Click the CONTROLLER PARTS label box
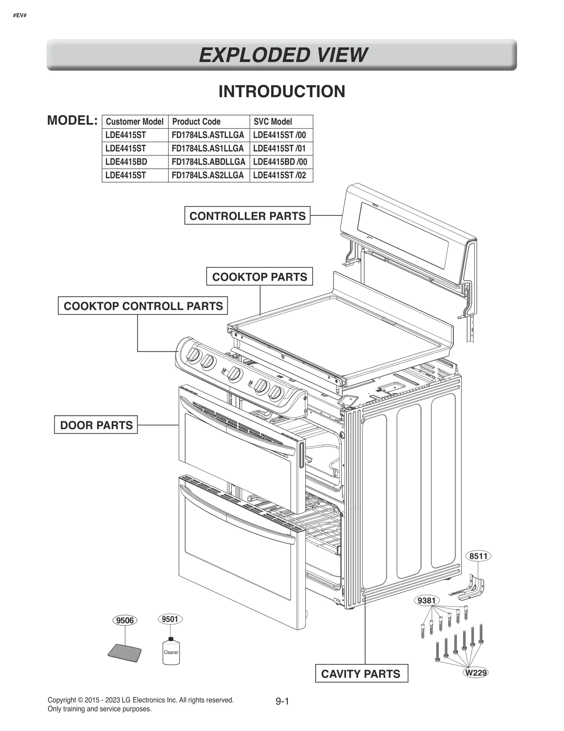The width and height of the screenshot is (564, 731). click(247, 216)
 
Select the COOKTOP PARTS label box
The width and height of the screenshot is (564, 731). click(259, 277)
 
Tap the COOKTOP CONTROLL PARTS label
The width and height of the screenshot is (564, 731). click(143, 306)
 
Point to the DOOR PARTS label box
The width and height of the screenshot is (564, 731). click(96, 425)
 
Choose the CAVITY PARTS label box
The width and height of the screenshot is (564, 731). click(361, 674)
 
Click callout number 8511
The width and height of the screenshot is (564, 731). click(478, 556)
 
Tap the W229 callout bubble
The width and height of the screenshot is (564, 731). click(476, 672)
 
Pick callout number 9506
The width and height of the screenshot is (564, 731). click(125, 620)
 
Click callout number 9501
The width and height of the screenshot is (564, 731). click(170, 619)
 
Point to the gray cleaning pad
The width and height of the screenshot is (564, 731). click(124, 653)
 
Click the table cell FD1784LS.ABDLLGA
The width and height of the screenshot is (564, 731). click(208, 162)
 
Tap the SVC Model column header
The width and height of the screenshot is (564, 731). click(273, 122)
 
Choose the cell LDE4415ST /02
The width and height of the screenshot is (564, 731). click(280, 175)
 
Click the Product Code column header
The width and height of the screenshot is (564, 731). click(196, 122)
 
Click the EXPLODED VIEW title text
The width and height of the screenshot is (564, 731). click(283, 55)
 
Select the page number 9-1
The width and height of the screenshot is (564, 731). click(282, 701)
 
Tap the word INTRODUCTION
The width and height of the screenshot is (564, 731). click(282, 92)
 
